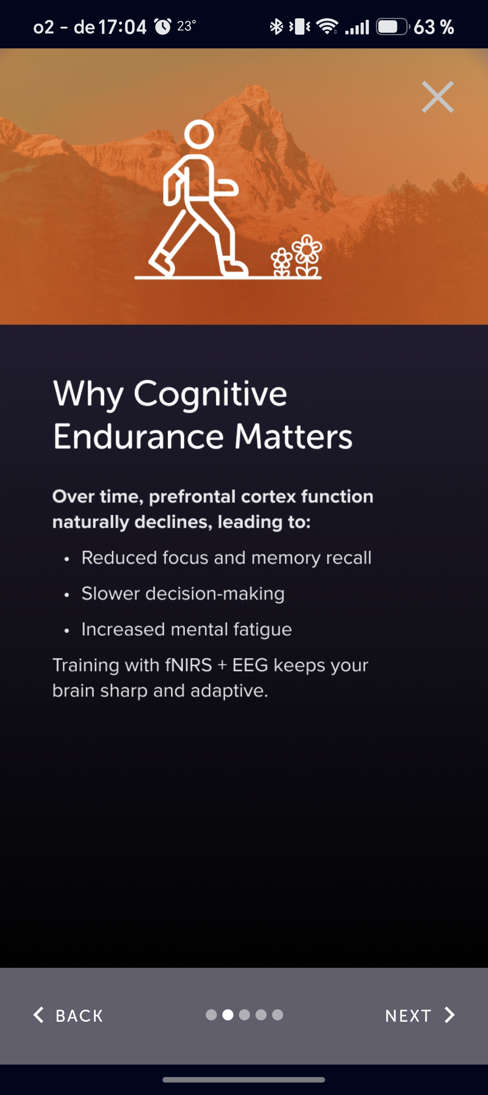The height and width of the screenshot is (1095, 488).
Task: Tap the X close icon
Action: pyautogui.click(x=438, y=97)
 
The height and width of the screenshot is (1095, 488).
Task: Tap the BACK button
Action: pyautogui.click(x=68, y=1015)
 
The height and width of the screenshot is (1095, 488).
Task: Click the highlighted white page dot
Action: pyautogui.click(x=228, y=1015)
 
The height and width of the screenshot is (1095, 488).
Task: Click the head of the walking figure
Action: pyautogui.click(x=199, y=134)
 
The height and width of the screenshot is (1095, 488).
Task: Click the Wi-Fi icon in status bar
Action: pyautogui.click(x=327, y=27)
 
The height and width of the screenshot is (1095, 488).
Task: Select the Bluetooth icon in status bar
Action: pyautogui.click(x=276, y=27)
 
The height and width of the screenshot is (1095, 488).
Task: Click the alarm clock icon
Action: pyautogui.click(x=163, y=27)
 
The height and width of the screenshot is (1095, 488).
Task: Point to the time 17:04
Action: pyautogui.click(x=122, y=27)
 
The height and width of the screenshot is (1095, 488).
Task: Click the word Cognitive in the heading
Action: pyautogui.click(x=210, y=394)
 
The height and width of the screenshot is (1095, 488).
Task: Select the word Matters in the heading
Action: pyautogui.click(x=294, y=436)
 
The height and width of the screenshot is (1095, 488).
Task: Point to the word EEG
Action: pyautogui.click(x=250, y=665)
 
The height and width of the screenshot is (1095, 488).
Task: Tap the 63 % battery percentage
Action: pyautogui.click(x=434, y=27)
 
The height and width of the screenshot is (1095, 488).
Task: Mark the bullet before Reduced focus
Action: pyautogui.click(x=67, y=559)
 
